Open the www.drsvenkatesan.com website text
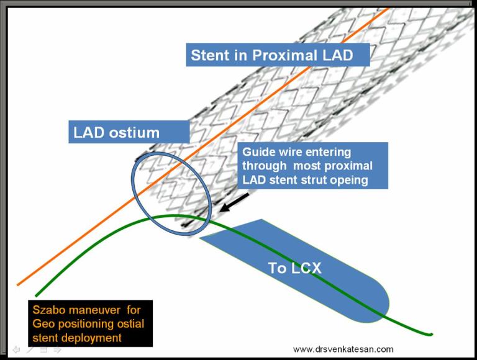point(343,349)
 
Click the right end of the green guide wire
point(430,335)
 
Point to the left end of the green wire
point(37,295)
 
